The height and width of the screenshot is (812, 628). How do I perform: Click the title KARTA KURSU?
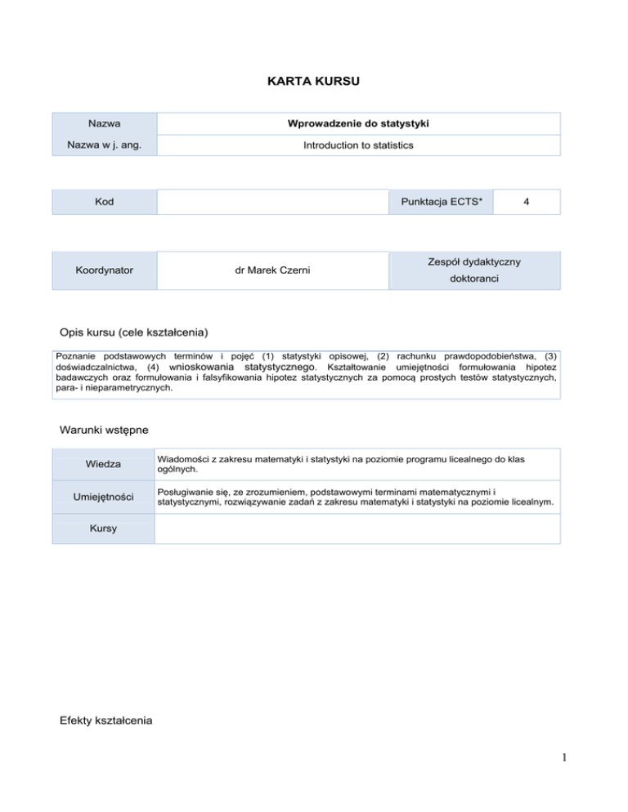pos(314,82)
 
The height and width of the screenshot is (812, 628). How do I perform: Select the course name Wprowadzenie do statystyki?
pos(357,124)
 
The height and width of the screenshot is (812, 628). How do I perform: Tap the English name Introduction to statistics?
pos(357,145)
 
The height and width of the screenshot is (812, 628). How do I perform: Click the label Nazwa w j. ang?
pos(105,145)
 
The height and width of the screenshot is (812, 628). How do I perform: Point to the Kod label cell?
pos(105,202)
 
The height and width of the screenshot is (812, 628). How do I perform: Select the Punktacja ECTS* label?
pos(442,202)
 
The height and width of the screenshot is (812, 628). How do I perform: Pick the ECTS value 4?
pos(527,202)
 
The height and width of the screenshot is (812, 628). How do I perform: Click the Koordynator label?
pos(105,269)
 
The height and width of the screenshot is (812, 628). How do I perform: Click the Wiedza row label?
pos(105,464)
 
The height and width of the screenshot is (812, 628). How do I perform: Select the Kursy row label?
pos(105,529)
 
